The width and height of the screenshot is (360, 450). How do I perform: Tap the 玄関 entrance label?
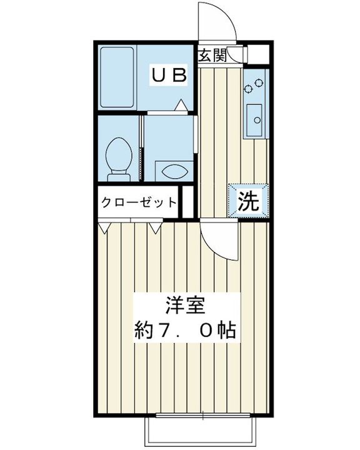[x=212, y=55]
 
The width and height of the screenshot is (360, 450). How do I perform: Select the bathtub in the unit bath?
[x=117, y=77]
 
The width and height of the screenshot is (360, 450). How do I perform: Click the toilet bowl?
[x=119, y=159]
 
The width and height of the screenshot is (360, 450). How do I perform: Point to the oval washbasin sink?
[x=175, y=172]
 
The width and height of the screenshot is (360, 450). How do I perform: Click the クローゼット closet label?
[x=139, y=202]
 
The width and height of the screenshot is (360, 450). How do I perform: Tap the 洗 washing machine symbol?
[x=249, y=201]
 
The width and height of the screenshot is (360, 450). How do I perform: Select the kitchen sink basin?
[x=254, y=120]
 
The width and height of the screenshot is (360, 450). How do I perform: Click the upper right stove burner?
[x=259, y=82]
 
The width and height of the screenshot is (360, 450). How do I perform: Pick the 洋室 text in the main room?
[x=186, y=306]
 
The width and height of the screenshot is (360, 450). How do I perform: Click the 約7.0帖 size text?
[x=186, y=330]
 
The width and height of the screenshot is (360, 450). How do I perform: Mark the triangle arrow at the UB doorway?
[x=181, y=105]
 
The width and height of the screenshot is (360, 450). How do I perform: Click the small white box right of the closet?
[x=188, y=202]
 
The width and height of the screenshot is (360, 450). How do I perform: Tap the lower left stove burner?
[x=247, y=89]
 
